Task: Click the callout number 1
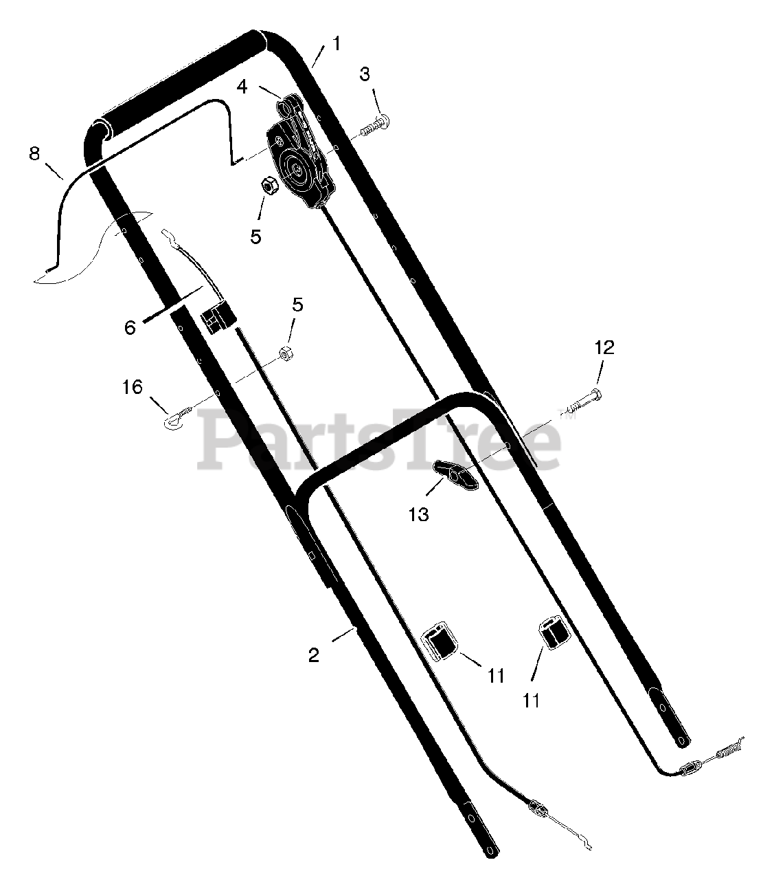[337, 44]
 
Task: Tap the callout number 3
[365, 75]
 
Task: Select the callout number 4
[242, 87]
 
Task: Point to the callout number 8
[34, 154]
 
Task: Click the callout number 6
[130, 327]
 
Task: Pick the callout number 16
[133, 387]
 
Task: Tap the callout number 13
[419, 515]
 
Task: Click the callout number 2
[314, 655]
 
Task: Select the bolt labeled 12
[582, 401]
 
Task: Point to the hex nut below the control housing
[267, 185]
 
